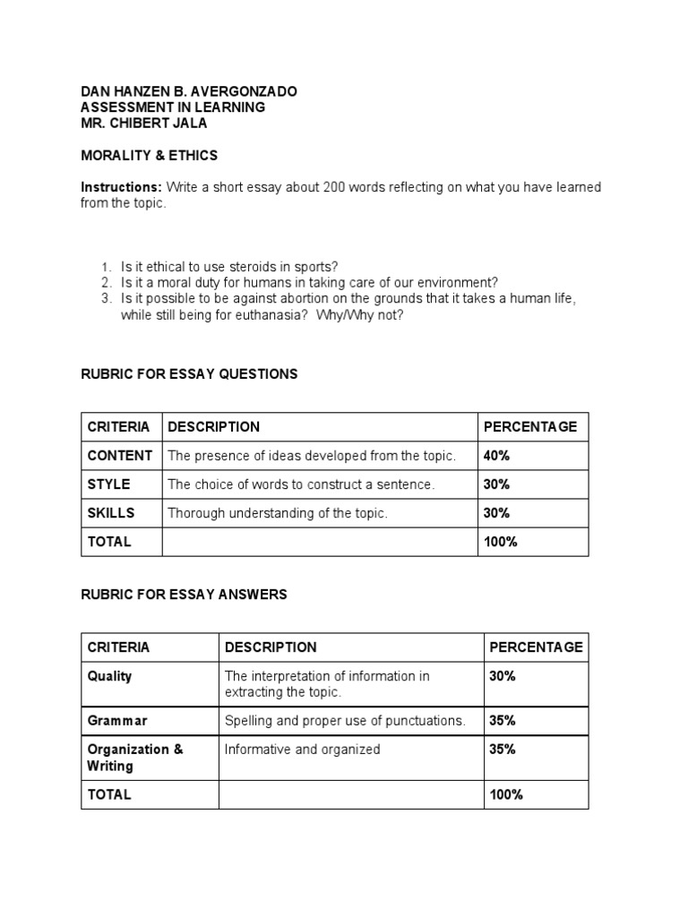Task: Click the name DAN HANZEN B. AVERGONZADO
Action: (189, 92)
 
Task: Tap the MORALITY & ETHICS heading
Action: (149, 156)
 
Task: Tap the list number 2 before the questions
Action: (105, 283)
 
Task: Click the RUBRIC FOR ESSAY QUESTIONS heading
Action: (189, 374)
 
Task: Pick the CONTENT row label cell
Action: (120, 456)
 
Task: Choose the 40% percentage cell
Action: (496, 456)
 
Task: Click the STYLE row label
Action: (108, 484)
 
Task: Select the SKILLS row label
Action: (111, 513)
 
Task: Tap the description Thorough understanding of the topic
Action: (278, 513)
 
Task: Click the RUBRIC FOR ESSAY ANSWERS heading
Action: (184, 595)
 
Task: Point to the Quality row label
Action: (109, 676)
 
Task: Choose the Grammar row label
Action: (116, 721)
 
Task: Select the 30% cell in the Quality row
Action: (503, 676)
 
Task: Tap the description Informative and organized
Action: (302, 750)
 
